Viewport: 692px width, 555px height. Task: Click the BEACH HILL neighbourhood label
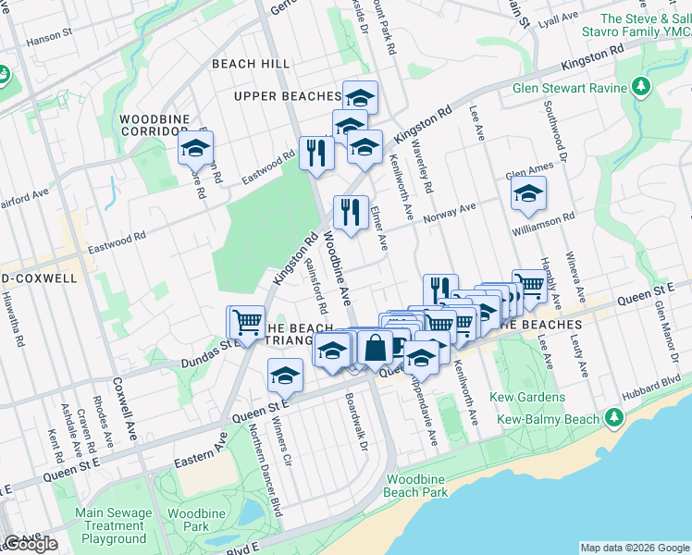(251, 64)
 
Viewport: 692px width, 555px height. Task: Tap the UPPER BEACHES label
(288, 96)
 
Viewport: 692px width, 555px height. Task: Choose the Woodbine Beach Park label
(416, 486)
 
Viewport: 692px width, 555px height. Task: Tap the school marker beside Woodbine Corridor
(196, 148)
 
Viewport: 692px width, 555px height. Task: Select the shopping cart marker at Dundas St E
(245, 322)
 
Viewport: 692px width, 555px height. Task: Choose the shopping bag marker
(376, 348)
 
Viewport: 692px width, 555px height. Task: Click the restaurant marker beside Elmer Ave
(351, 213)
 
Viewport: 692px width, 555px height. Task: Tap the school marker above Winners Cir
(285, 376)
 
